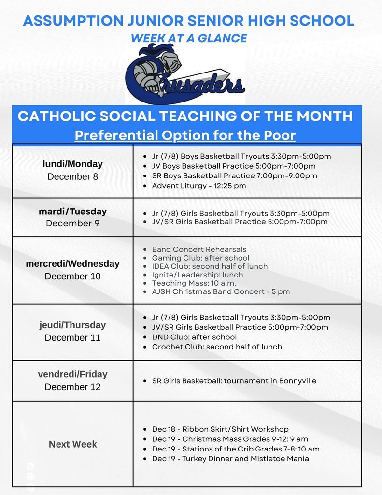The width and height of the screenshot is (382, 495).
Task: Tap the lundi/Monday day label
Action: coord(72,164)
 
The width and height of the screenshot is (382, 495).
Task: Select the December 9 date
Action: coord(72,223)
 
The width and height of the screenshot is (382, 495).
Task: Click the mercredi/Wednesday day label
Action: coord(72,264)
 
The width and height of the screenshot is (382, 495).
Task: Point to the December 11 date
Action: coord(72,337)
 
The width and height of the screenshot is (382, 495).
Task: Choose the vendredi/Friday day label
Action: coord(72,374)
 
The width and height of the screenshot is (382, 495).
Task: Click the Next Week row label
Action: coord(72,444)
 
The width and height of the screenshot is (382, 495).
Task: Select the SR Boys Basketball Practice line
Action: coord(234,176)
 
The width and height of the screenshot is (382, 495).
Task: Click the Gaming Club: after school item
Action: coord(200,258)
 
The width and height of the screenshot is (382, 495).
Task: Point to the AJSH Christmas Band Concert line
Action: coord(221,291)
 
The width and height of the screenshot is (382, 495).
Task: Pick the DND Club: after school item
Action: coord(194,337)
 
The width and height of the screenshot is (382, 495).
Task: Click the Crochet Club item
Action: coord(217,347)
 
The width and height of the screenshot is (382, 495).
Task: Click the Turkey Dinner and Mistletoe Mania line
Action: coord(230,458)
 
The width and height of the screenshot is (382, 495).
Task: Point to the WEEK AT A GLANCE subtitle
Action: coord(188,38)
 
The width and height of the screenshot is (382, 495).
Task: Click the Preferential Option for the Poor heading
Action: coord(185,135)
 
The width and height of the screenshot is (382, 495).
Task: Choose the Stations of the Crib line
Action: coord(236,449)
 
